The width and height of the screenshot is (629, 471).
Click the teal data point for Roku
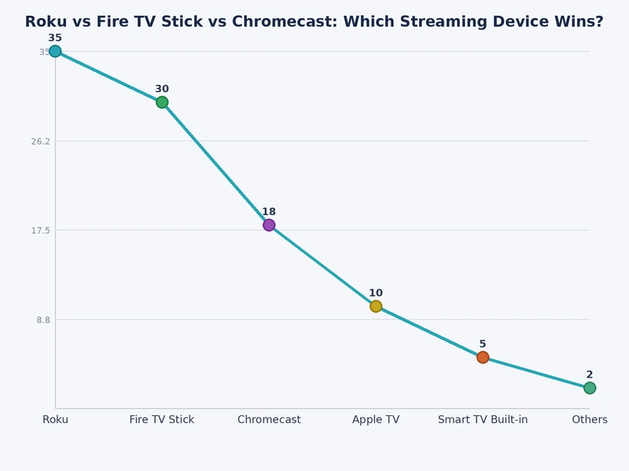[55, 52]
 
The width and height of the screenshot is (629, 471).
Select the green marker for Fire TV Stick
[162, 102]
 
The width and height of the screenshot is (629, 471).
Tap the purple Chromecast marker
[269, 225]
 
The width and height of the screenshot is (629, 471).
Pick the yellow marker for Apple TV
[376, 306]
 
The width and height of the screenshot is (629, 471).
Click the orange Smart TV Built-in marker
[483, 357]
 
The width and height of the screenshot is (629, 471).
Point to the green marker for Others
[590, 388]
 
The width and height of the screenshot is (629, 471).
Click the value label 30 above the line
[162, 89]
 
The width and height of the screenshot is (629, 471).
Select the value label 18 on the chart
[269, 212]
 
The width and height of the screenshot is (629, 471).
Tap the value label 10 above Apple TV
[376, 294]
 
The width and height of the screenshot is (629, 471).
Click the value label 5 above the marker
[483, 344]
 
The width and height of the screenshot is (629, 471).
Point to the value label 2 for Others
[590, 375]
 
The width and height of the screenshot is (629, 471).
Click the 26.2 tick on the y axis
[40, 141]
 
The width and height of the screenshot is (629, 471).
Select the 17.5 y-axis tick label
[40, 231]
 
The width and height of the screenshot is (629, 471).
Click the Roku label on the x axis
[55, 420]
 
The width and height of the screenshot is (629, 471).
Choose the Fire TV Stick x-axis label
[162, 420]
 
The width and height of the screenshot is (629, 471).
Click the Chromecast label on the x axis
[269, 420]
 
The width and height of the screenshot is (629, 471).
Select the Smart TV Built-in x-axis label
[483, 420]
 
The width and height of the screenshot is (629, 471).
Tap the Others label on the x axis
[590, 420]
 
